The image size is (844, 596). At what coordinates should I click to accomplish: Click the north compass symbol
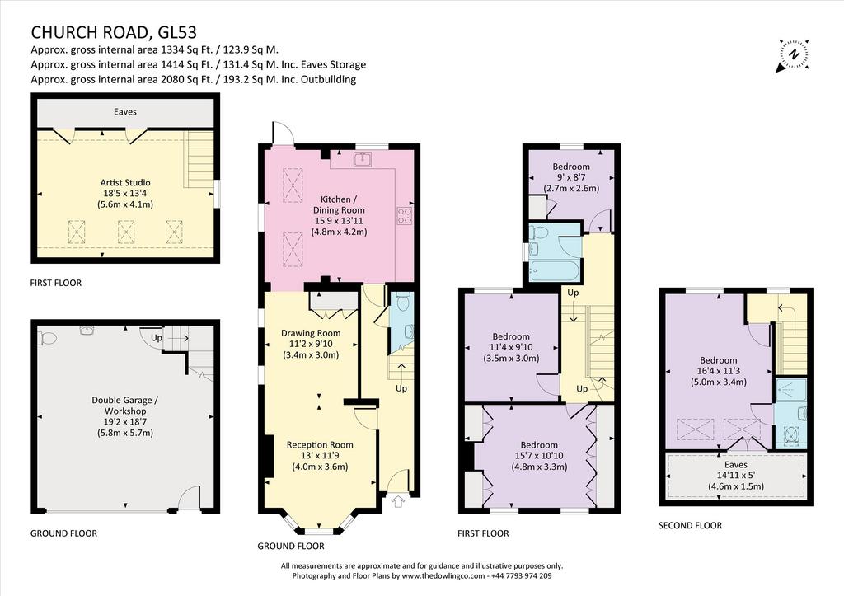click(792, 55)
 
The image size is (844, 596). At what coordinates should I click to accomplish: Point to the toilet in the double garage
click(47, 338)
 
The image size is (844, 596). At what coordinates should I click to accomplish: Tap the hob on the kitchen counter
click(405, 215)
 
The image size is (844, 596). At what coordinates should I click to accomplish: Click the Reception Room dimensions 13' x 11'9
click(320, 456)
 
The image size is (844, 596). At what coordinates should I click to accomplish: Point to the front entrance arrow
click(398, 501)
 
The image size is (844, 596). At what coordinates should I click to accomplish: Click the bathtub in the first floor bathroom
click(555, 270)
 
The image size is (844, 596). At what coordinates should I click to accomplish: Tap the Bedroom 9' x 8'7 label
click(571, 177)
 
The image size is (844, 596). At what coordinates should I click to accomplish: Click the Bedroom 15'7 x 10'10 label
click(539, 456)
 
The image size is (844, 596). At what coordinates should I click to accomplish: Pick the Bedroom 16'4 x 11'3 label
click(719, 371)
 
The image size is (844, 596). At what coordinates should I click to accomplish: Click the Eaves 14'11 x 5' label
click(736, 476)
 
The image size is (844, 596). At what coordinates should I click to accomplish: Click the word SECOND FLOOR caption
click(690, 525)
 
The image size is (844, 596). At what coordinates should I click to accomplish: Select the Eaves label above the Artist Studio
click(125, 111)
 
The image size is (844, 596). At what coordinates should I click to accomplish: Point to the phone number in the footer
click(521, 575)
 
